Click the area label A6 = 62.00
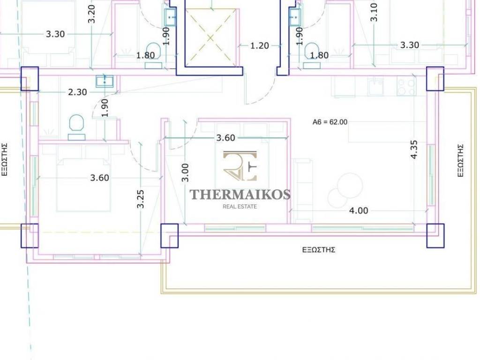[x=330, y=122]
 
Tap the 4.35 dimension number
[x=413, y=150]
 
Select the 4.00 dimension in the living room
[x=359, y=210]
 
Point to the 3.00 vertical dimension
[x=185, y=172]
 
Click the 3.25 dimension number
[x=140, y=199]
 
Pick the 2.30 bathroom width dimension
[x=77, y=92]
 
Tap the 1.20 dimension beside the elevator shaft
[x=259, y=45]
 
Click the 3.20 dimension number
[x=91, y=14]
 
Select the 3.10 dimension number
[x=374, y=12]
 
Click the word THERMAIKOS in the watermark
[x=240, y=195]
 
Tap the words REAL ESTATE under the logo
[x=240, y=207]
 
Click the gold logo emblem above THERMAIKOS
[x=240, y=166]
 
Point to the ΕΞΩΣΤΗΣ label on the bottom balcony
[x=319, y=250]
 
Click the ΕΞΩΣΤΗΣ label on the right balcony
[x=460, y=160]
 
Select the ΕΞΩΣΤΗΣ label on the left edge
[x=5, y=159]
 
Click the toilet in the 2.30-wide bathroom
[x=76, y=127]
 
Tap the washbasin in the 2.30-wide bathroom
[x=105, y=82]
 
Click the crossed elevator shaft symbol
[x=210, y=37]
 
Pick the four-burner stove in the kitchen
[x=406, y=86]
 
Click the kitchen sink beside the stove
[x=375, y=87]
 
